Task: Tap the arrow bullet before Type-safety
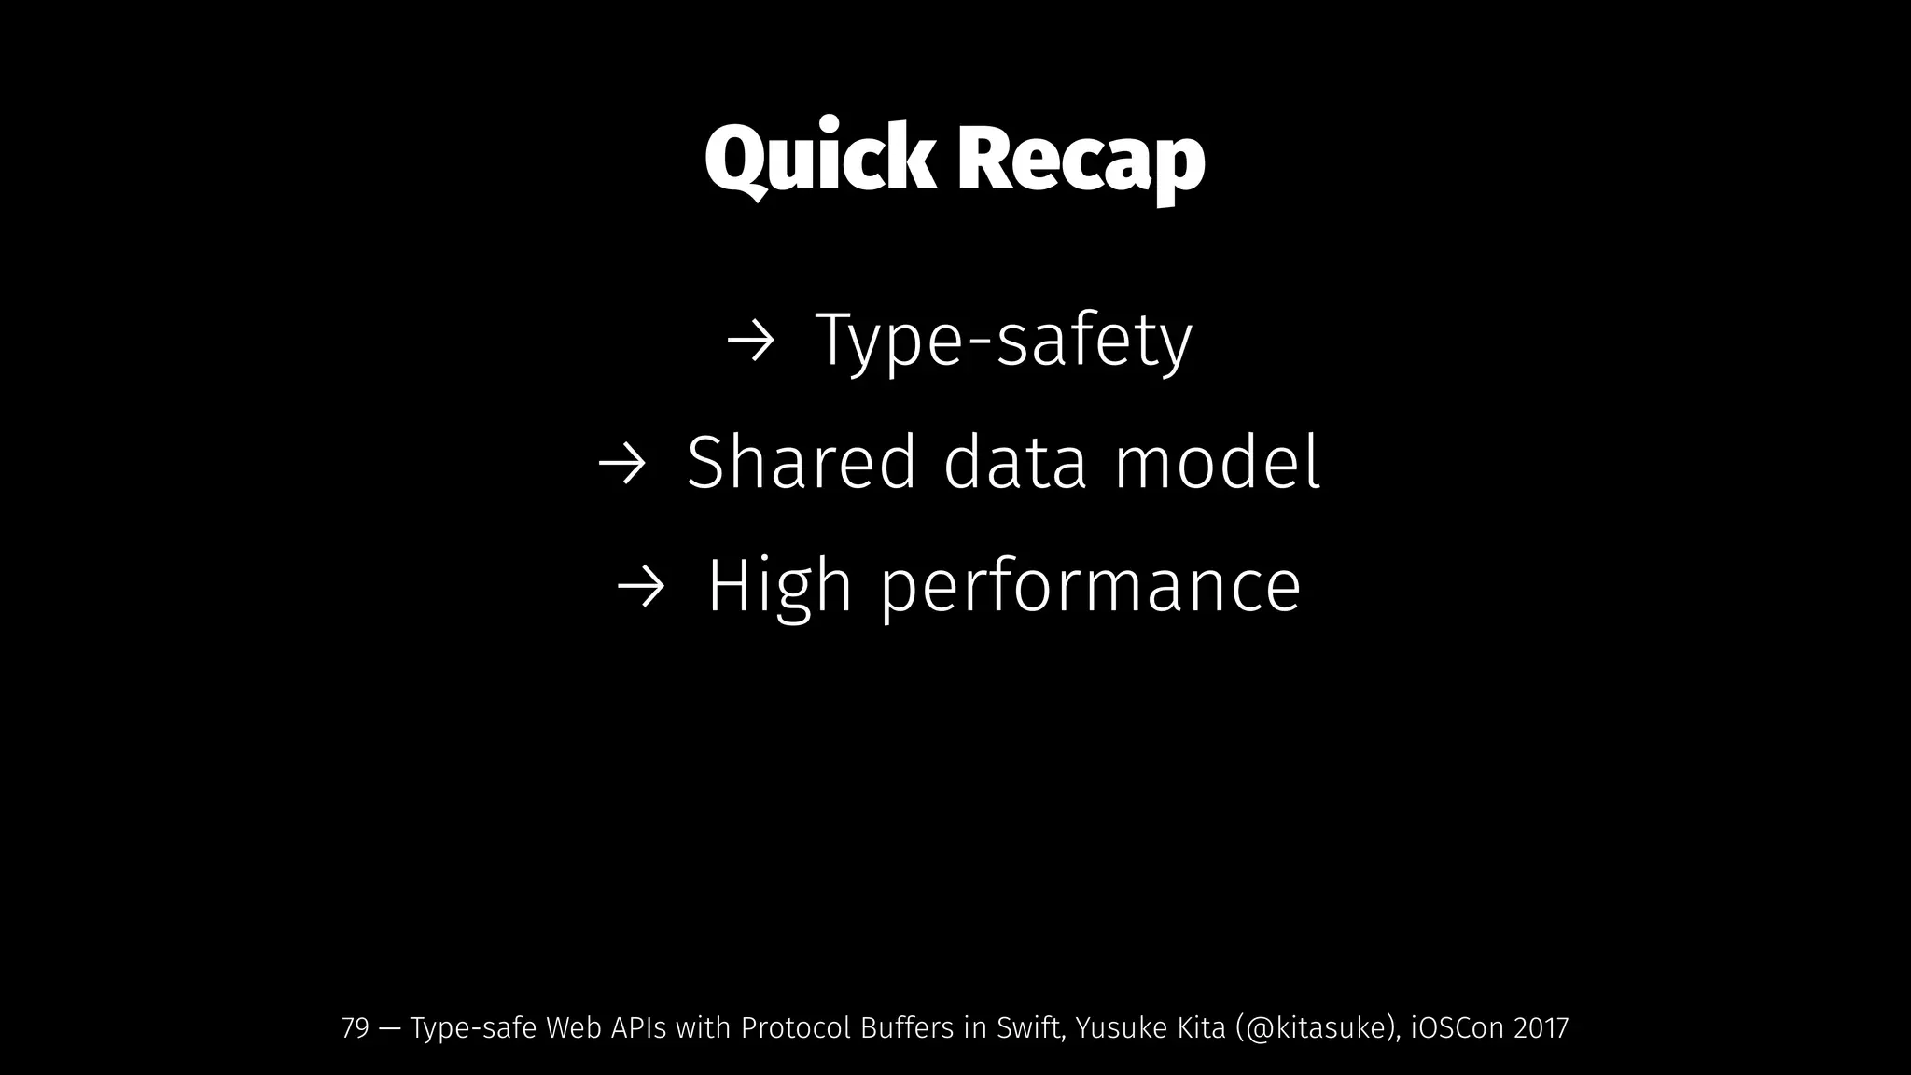(x=750, y=343)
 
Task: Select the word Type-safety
(x=1004, y=342)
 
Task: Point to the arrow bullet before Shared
(x=621, y=465)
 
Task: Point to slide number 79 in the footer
(x=356, y=1028)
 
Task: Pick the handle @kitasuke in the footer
(x=1314, y=1028)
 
